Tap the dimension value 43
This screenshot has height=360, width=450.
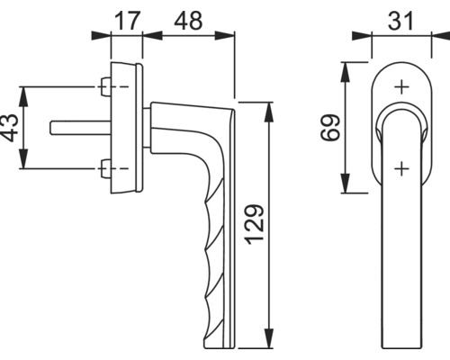[10, 128]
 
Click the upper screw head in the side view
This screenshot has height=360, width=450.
[107, 87]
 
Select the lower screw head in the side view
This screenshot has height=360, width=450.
[107, 166]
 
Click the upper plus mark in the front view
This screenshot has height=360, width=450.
[400, 87]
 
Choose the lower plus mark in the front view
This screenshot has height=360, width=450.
[400, 166]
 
